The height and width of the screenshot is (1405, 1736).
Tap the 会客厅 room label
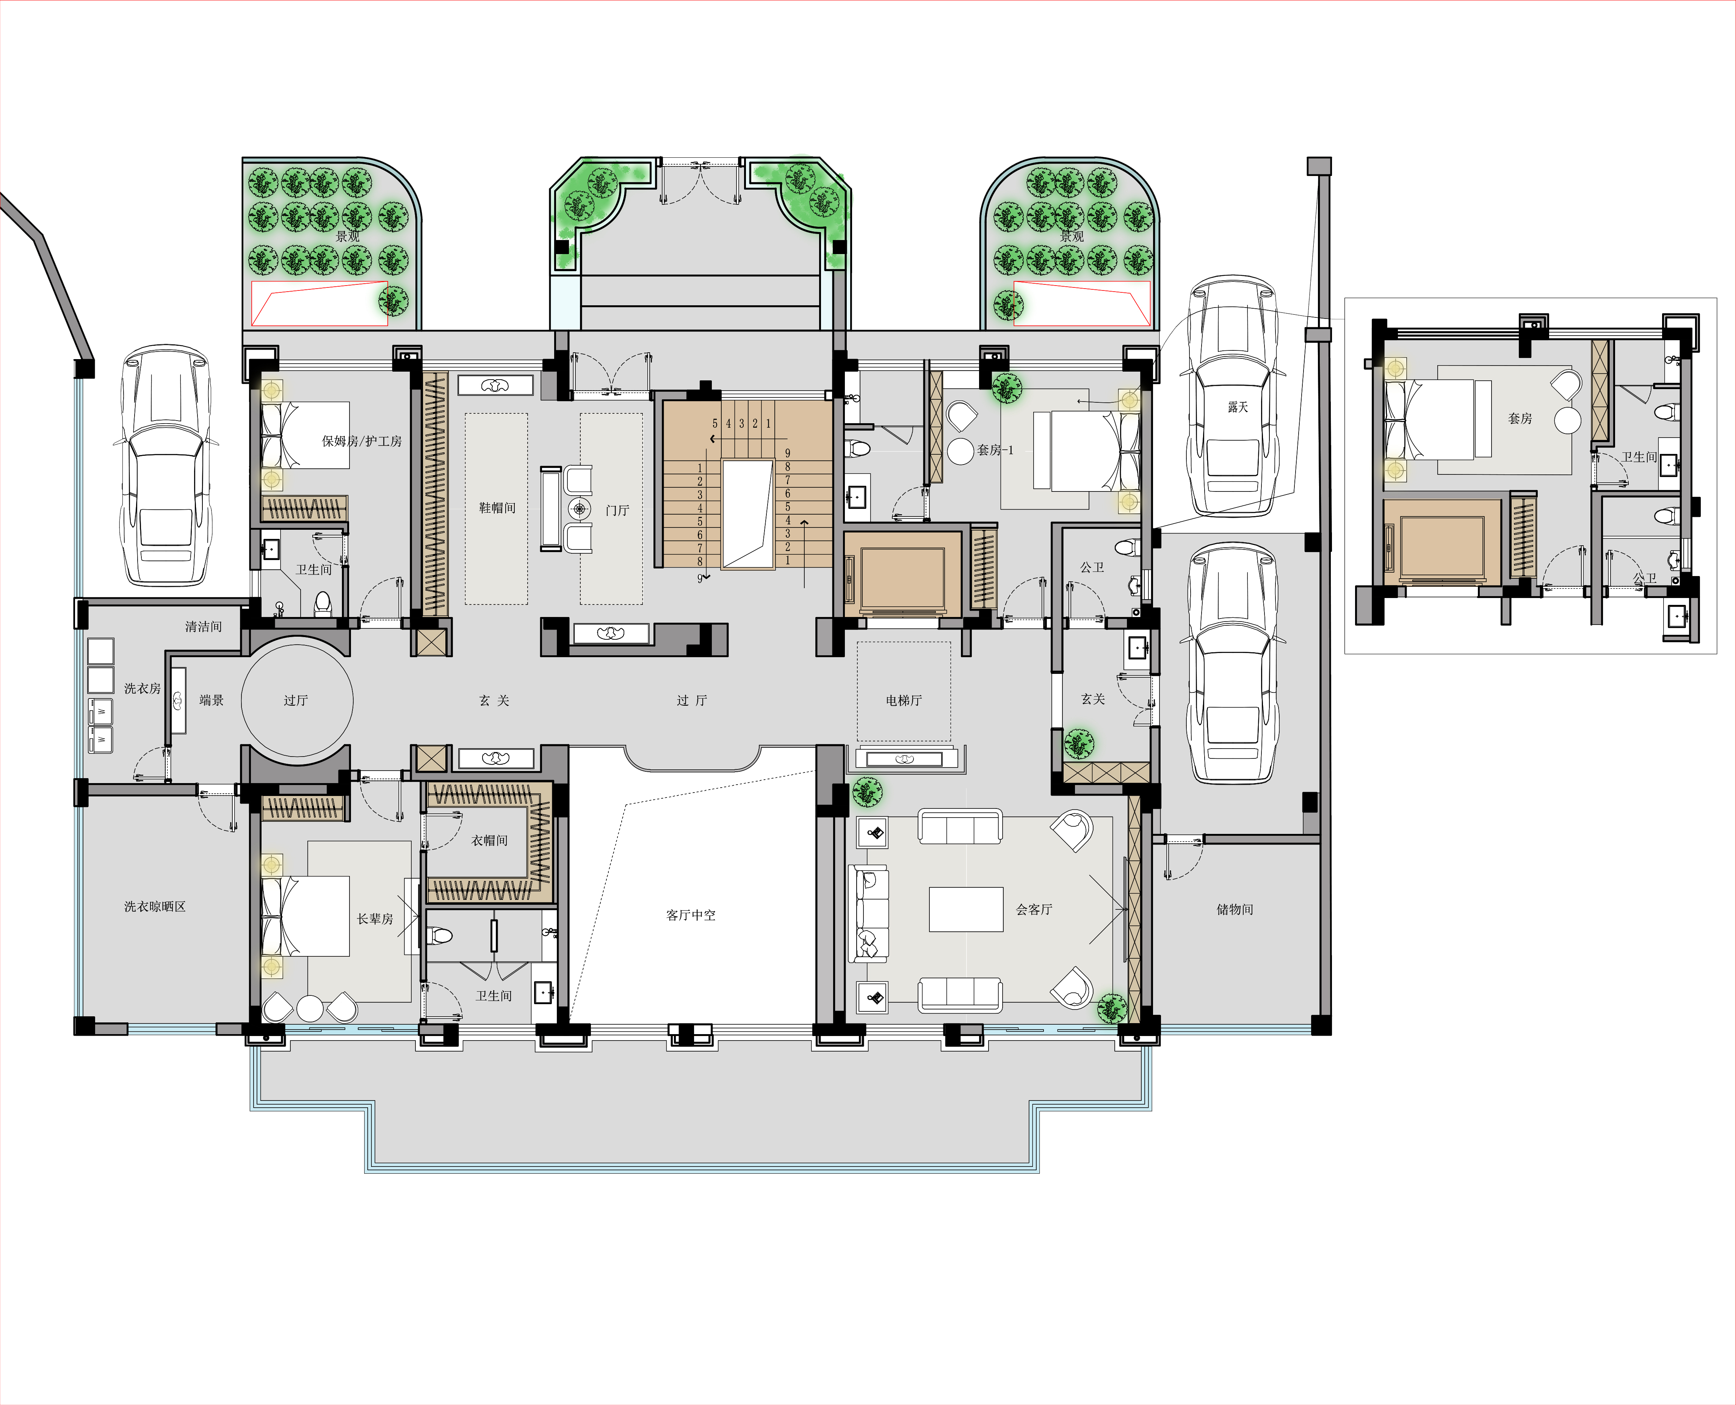[1034, 910]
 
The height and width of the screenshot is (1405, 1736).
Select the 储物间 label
[1235, 910]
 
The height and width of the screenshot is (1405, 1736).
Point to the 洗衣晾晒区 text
[155, 906]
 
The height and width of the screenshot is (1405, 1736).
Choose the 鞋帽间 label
[497, 507]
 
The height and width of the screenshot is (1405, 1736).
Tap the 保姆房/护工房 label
[362, 441]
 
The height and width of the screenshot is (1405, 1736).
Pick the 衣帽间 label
[489, 841]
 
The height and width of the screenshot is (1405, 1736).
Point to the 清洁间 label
[203, 626]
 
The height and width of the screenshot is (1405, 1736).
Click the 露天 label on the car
[1238, 407]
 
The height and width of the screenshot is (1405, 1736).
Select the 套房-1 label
[995, 450]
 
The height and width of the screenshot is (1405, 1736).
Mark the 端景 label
[211, 700]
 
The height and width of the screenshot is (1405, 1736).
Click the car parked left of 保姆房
[166, 465]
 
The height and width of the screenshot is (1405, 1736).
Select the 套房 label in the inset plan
[1520, 418]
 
